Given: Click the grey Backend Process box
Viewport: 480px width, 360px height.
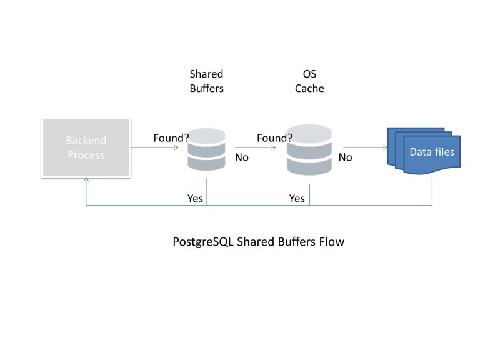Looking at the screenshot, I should [86, 147].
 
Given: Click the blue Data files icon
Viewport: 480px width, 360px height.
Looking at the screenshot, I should [424, 151].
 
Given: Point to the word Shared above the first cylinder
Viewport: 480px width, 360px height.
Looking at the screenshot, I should [206, 74].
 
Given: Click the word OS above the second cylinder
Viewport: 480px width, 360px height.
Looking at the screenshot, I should [309, 74].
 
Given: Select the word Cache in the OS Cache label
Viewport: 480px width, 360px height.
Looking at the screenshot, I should [309, 89].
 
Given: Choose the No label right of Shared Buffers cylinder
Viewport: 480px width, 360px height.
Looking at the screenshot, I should [242, 157].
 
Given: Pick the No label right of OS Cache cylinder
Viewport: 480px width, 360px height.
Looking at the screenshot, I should [346, 157].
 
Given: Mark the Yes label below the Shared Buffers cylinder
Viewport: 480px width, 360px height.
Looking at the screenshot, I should [195, 198].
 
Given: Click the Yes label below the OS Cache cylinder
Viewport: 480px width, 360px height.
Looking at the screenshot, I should [297, 198].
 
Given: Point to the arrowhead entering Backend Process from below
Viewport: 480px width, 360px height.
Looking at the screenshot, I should [86, 180].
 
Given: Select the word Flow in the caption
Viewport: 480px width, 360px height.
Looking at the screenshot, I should [331, 241].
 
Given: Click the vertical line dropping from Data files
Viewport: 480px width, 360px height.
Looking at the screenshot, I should [432, 191].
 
